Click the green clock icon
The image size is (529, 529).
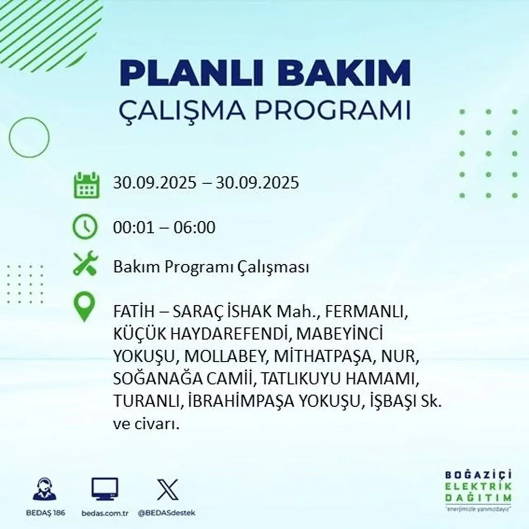click(x=85, y=227)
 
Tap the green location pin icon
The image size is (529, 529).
click(x=84, y=307)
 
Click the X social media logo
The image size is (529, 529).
click(x=168, y=489)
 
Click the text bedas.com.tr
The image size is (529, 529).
click(x=104, y=513)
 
